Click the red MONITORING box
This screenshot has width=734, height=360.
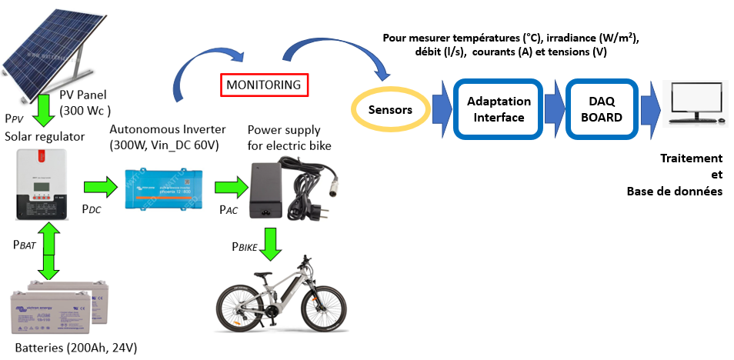265,85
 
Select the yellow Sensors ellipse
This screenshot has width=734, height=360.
390,110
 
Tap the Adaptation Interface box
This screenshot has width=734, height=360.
499,109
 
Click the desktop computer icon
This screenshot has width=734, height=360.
696,104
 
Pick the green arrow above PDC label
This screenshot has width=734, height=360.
96,187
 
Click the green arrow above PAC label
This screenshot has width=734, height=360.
228,188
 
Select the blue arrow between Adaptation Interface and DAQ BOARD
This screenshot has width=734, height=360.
554,109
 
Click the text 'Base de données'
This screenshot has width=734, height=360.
674,191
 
